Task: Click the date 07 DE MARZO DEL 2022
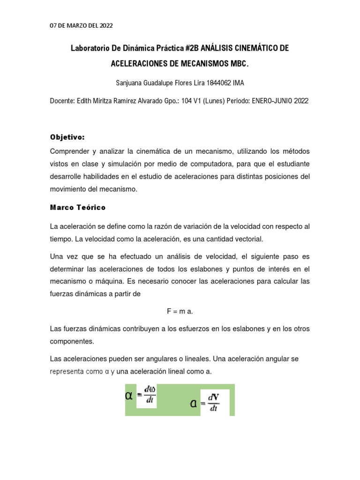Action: tap(81, 25)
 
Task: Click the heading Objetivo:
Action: tap(67, 137)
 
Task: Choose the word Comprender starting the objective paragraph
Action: tap(71, 151)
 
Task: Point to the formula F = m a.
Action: tap(180, 311)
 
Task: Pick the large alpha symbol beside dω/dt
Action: tap(129, 396)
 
